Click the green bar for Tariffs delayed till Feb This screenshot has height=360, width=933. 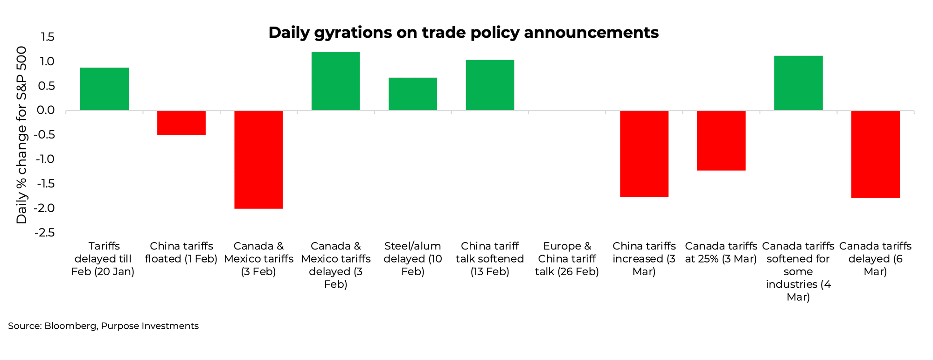coord(104,89)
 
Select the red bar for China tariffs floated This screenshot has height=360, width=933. coord(181,123)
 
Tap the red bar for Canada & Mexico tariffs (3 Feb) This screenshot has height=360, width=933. coord(258,159)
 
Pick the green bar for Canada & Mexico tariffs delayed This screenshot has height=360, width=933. coord(335,81)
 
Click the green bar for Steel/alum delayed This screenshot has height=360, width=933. coord(413,94)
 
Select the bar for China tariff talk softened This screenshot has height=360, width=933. coord(490,85)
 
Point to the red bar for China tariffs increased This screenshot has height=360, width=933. coord(644,154)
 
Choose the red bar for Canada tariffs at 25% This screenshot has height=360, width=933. coord(721,140)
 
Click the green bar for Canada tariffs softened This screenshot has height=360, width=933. coord(798,83)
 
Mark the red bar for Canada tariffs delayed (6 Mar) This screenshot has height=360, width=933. coord(875,154)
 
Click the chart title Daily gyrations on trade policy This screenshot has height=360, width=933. coord(463,32)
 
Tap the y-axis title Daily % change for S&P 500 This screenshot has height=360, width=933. coord(21,135)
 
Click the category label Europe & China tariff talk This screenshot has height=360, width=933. coord(567,259)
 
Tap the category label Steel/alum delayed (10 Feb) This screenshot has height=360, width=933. coord(413,259)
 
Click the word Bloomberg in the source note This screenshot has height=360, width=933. coord(70,326)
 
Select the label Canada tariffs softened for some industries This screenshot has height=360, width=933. coord(798,271)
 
